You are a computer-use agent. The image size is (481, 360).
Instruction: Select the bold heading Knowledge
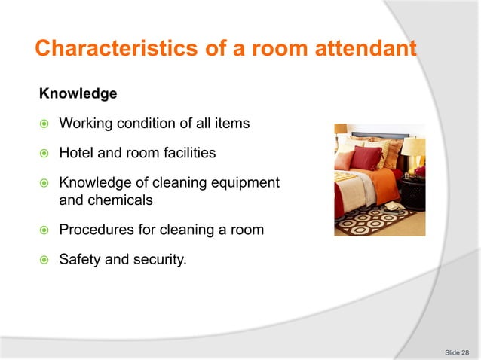coord(78,94)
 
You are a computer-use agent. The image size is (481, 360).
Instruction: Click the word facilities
coord(188,153)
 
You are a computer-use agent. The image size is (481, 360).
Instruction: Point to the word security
coord(161,261)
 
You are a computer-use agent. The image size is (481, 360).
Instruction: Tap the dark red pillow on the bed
coord(366,159)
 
